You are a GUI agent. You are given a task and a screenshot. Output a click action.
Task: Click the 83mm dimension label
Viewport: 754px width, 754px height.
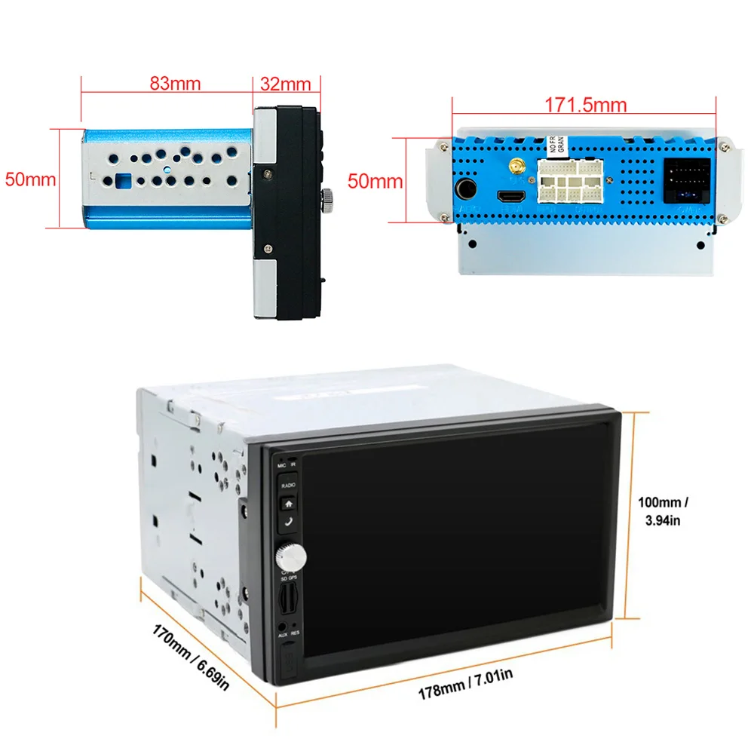[x=175, y=84]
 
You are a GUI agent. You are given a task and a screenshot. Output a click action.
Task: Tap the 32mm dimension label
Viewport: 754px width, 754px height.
[x=286, y=84]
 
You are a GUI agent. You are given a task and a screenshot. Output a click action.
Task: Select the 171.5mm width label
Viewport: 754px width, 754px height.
[x=586, y=105]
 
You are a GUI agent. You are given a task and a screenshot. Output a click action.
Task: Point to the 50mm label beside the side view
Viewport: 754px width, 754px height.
[x=30, y=179]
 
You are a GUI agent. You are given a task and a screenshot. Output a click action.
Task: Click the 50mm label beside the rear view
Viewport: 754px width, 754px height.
[x=375, y=181]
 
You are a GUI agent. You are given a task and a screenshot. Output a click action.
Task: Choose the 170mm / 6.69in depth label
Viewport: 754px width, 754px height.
[x=189, y=654]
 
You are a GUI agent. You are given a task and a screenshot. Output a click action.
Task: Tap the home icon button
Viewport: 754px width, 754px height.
[x=289, y=504]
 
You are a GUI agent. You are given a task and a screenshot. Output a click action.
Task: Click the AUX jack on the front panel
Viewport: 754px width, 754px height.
[x=282, y=625]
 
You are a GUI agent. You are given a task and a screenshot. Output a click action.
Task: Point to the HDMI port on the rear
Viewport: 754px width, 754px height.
[x=508, y=197]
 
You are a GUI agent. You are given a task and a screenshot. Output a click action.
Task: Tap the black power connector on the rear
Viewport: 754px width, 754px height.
[x=685, y=181]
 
